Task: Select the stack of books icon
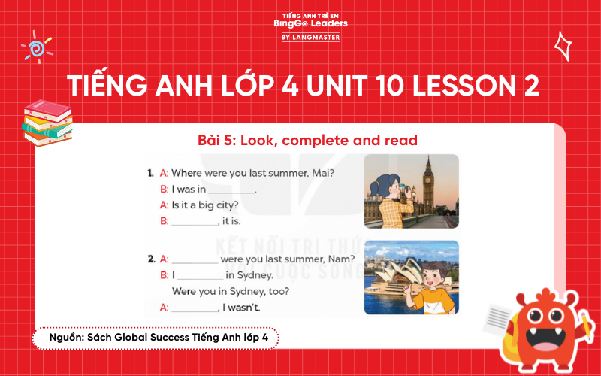[x=47, y=121]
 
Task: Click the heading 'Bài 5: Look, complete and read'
[x=297, y=140]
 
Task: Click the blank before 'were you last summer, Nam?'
[x=195, y=261]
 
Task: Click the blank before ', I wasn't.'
[x=194, y=308]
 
